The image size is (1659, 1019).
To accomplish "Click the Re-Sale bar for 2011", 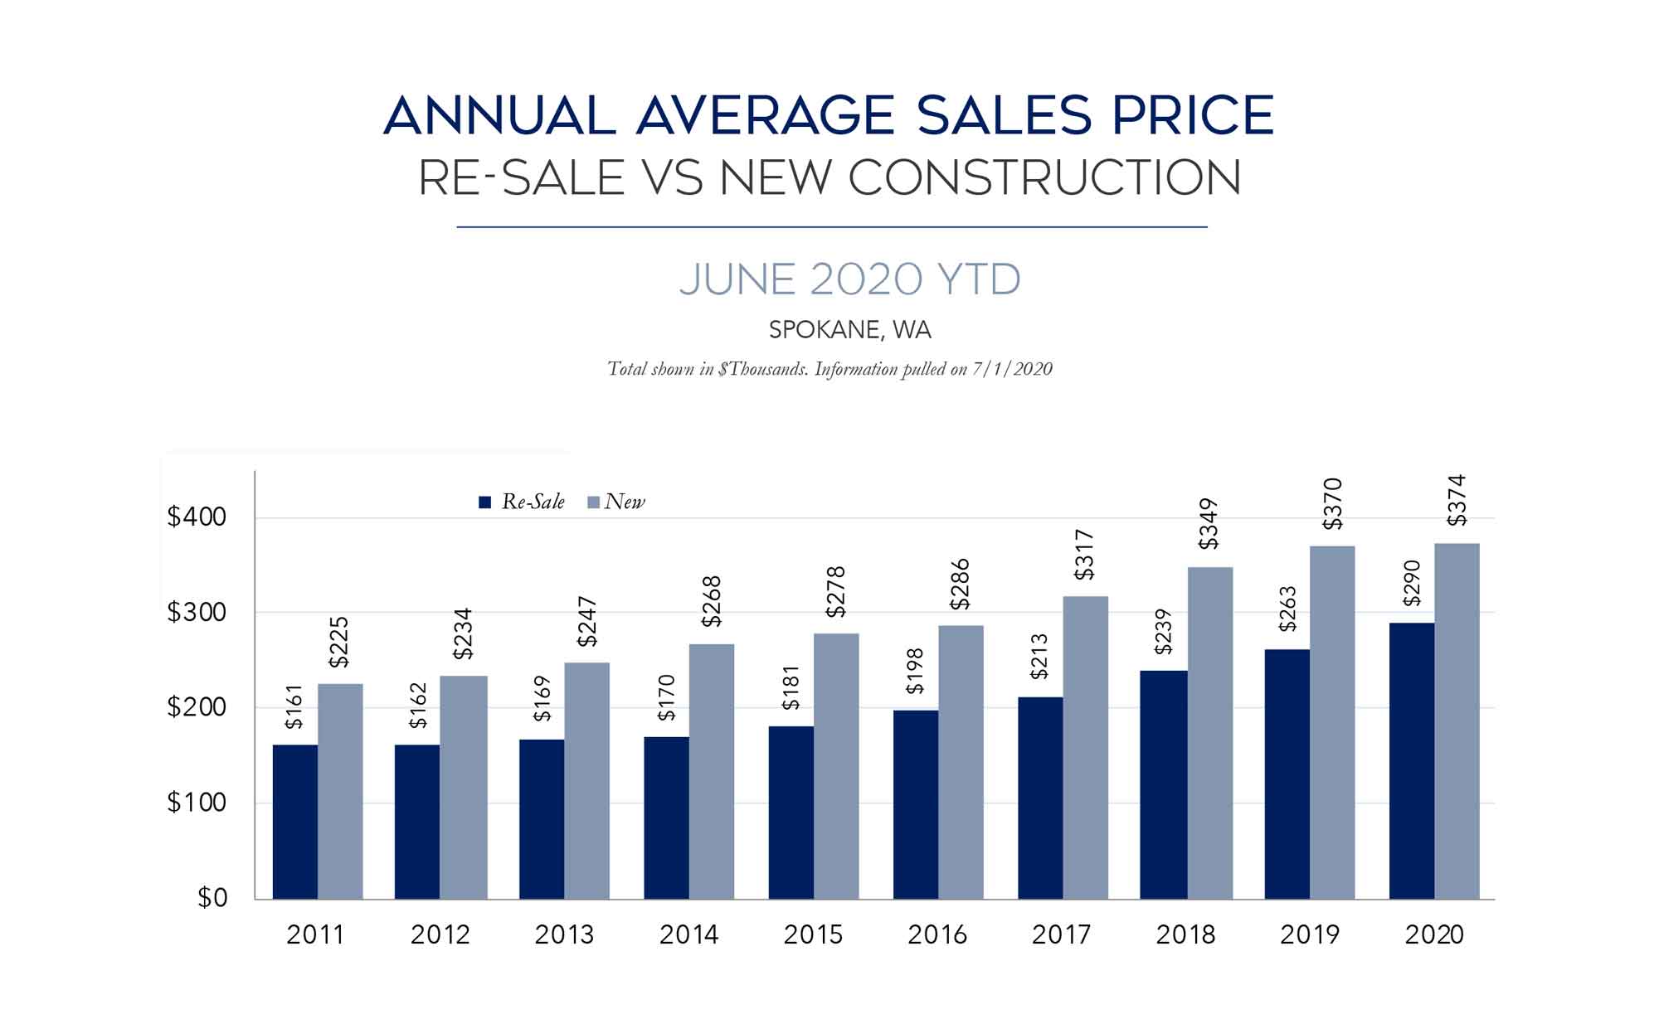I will [294, 821].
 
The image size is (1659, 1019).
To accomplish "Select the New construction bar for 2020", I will [1457, 721].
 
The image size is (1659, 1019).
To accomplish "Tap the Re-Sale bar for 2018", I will [1163, 784].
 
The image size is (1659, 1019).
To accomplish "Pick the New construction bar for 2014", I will [711, 771].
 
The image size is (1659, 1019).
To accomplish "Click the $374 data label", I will [1457, 500].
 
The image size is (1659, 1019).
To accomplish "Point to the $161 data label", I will [294, 706].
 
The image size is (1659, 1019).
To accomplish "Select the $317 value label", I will [1084, 555].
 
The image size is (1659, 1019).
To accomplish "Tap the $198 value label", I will [915, 671].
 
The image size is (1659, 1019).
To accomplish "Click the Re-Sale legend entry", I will [523, 502].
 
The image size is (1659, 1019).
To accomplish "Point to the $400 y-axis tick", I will [197, 517].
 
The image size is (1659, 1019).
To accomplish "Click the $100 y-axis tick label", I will [197, 803].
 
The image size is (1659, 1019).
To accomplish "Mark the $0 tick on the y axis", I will [212, 898].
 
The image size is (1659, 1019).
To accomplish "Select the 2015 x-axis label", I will [813, 934].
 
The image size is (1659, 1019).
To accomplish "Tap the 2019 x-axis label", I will [1310, 934].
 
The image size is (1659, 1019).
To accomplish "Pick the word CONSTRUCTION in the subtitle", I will [1045, 177].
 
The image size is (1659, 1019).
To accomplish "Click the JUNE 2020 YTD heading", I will [849, 279].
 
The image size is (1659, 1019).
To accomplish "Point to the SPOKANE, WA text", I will [849, 330].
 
